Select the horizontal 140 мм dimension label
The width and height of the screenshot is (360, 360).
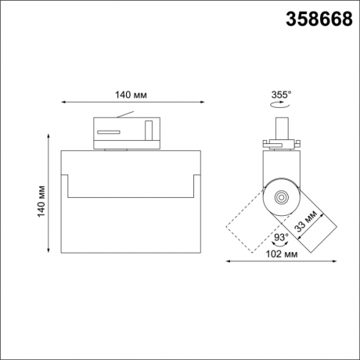pyautogui.click(x=131, y=95)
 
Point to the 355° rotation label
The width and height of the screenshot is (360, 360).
pyautogui.click(x=281, y=95)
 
